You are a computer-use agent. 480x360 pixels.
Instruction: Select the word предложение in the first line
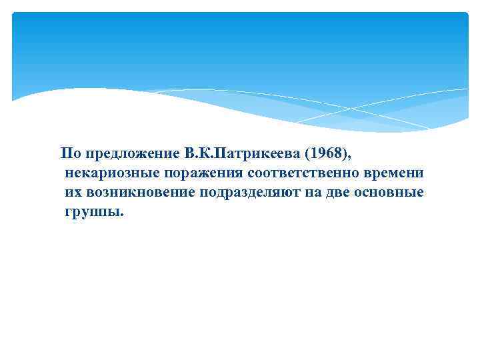(x=127, y=154)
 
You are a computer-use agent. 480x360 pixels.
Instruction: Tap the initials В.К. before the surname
(x=193, y=154)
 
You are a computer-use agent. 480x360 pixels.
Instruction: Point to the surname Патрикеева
(x=253, y=154)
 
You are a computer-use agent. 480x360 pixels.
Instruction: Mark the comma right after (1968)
(x=348, y=158)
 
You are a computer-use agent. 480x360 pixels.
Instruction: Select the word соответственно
(x=304, y=173)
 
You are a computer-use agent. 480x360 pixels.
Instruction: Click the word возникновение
(x=140, y=193)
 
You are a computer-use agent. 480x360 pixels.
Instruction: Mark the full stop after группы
(x=122, y=215)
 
